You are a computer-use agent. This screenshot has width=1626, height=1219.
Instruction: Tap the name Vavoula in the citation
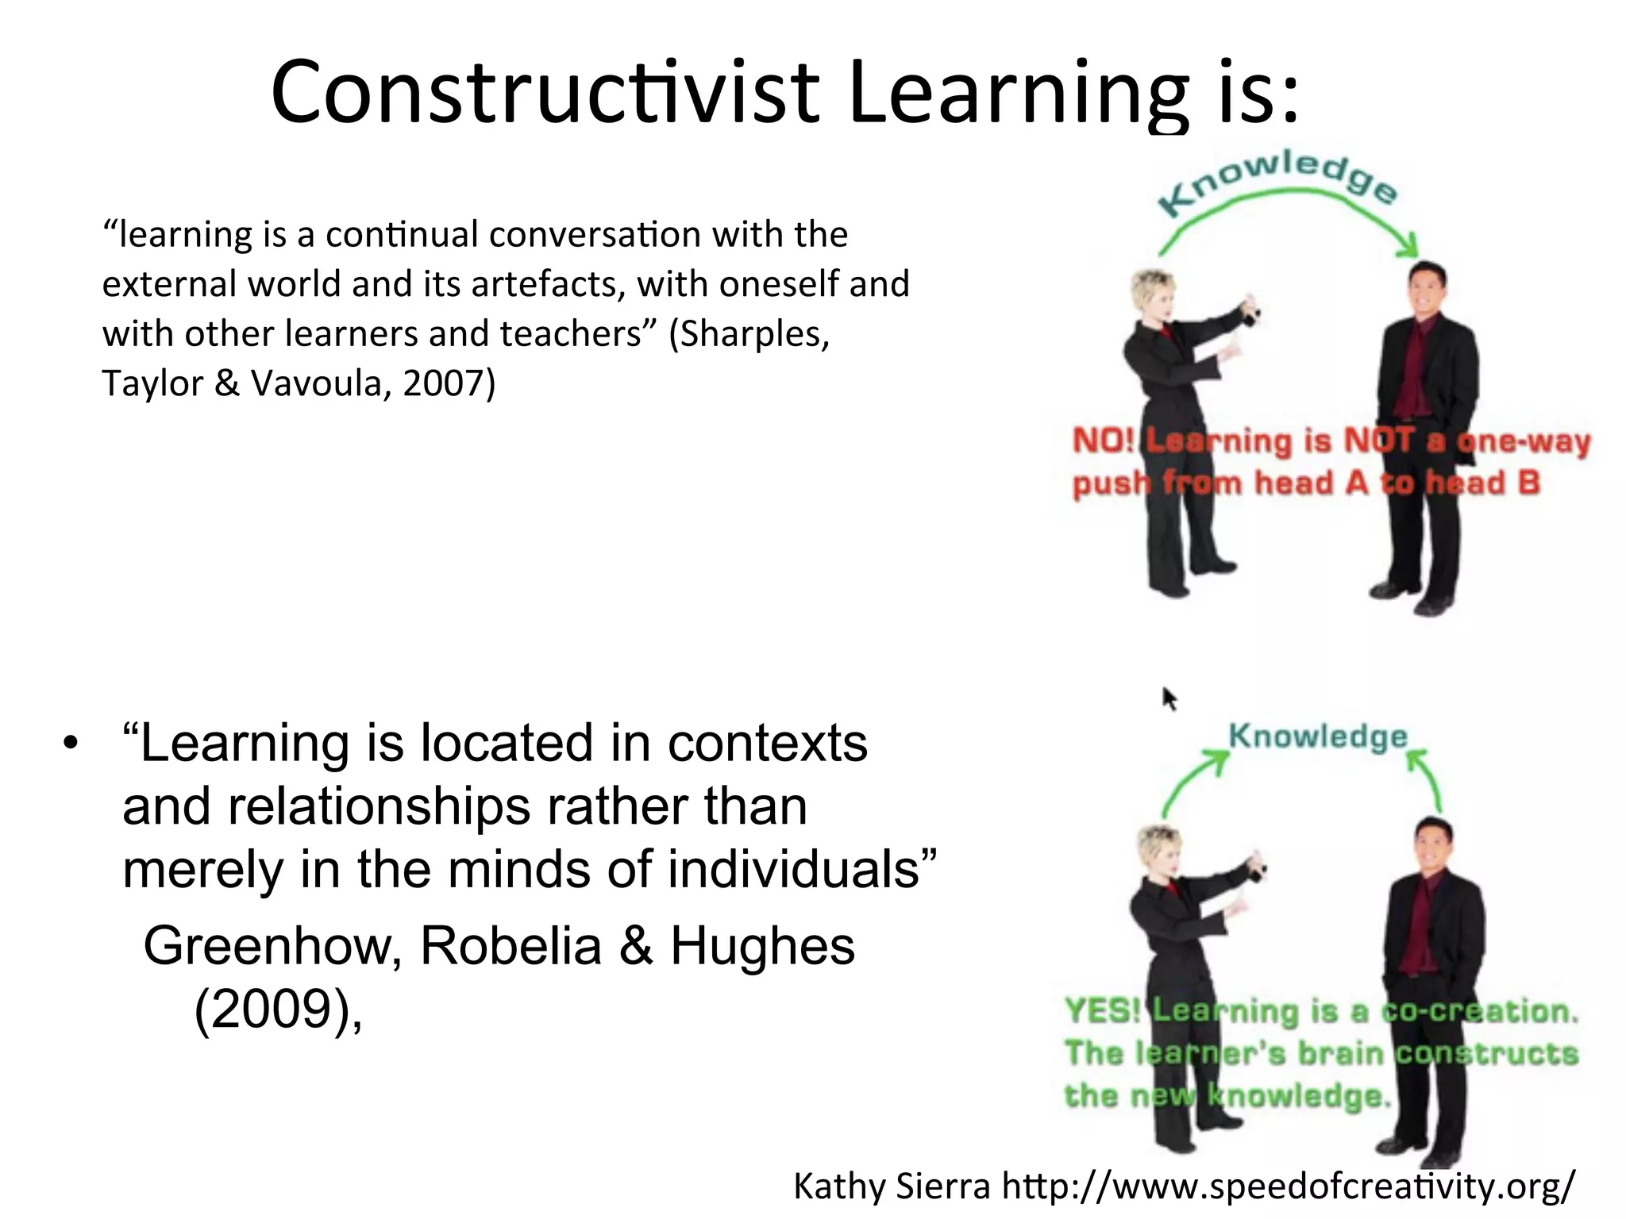(x=321, y=383)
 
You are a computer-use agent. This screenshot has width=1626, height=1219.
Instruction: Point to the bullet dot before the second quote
(x=71, y=744)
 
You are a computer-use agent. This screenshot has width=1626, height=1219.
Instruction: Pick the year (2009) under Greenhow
(x=274, y=1009)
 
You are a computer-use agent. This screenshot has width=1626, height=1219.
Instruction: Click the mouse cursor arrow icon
(x=1169, y=699)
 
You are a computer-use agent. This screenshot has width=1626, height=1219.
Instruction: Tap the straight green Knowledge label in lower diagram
(x=1318, y=736)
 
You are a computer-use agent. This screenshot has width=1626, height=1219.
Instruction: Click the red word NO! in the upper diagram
(x=1104, y=440)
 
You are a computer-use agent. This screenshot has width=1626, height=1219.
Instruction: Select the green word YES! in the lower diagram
(x=1102, y=1011)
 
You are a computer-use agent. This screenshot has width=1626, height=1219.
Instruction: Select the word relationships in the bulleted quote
(x=380, y=806)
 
